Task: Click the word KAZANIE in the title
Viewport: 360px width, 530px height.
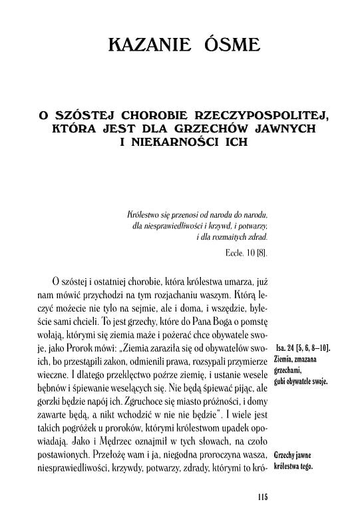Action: tap(140, 47)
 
